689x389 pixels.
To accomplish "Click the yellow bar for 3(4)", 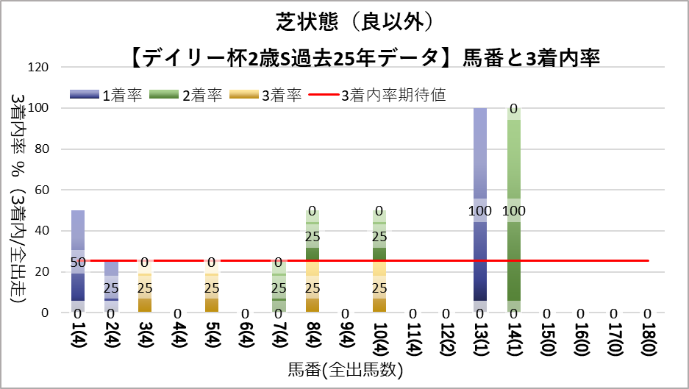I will click(x=145, y=294).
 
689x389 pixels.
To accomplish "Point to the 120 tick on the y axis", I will click(x=38, y=68).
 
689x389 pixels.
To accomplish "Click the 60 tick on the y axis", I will click(x=41, y=190).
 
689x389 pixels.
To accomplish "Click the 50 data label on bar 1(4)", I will click(x=78, y=262).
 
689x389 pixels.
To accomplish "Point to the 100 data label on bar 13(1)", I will click(x=480, y=211).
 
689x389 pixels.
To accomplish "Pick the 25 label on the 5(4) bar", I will click(x=212, y=288).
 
